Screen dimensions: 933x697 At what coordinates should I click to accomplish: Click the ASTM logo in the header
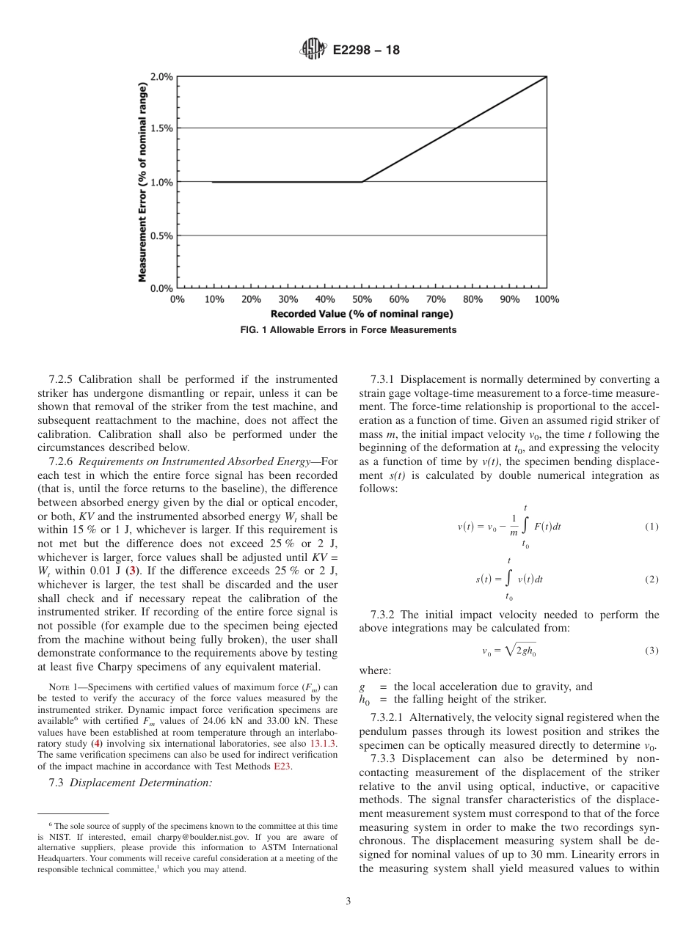click(x=313, y=50)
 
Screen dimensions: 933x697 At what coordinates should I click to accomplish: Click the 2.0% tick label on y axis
click(x=161, y=77)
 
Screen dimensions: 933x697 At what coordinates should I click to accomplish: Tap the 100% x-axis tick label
click(x=546, y=299)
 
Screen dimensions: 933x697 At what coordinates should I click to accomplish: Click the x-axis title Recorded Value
click(x=362, y=314)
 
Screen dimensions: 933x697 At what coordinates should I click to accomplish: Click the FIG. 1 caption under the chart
click(x=348, y=330)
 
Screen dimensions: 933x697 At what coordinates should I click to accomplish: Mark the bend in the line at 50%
click(x=362, y=182)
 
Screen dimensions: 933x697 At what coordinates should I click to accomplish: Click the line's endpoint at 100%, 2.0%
click(x=547, y=76)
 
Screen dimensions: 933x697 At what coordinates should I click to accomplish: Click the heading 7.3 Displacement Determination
click(x=131, y=783)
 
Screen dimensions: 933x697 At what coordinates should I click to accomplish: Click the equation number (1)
click(x=652, y=527)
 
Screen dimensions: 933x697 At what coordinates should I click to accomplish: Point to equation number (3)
click(x=652, y=651)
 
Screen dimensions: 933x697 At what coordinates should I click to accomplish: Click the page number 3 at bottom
click(x=348, y=901)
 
